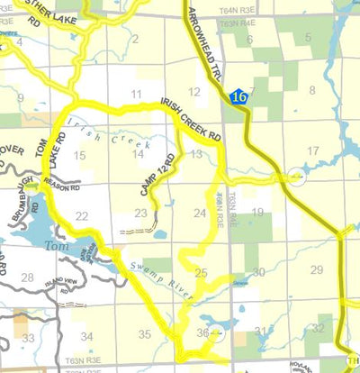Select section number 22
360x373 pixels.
(x=82, y=215)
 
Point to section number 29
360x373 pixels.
(x=316, y=270)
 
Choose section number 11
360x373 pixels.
(x=136, y=94)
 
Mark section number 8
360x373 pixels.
(x=313, y=90)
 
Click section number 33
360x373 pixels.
(x=29, y=338)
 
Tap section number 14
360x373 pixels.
(x=138, y=154)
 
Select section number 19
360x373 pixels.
(x=257, y=213)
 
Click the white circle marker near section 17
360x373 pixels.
(x=297, y=178)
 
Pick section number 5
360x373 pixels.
(x=308, y=38)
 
